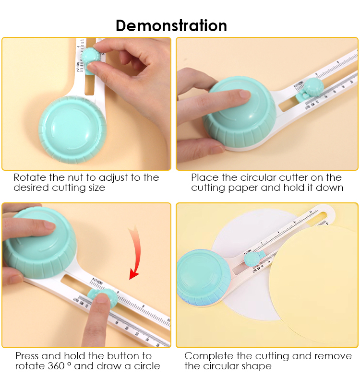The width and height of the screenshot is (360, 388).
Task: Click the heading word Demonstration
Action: click(171, 26)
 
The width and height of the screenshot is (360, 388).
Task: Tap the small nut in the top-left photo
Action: click(90, 57)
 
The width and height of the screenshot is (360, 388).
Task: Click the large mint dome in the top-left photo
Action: click(72, 129)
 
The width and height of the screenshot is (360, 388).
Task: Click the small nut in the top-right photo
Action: click(314, 87)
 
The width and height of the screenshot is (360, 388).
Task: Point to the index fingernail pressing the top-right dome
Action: click(245, 94)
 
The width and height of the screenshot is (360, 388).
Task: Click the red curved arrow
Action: click(135, 252)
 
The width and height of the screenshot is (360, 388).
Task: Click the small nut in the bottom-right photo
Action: click(252, 259)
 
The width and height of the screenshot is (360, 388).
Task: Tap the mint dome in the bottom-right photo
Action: click(204, 277)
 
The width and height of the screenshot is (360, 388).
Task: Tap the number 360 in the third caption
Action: click(56, 366)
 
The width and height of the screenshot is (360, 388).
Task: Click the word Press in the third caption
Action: click(27, 356)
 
